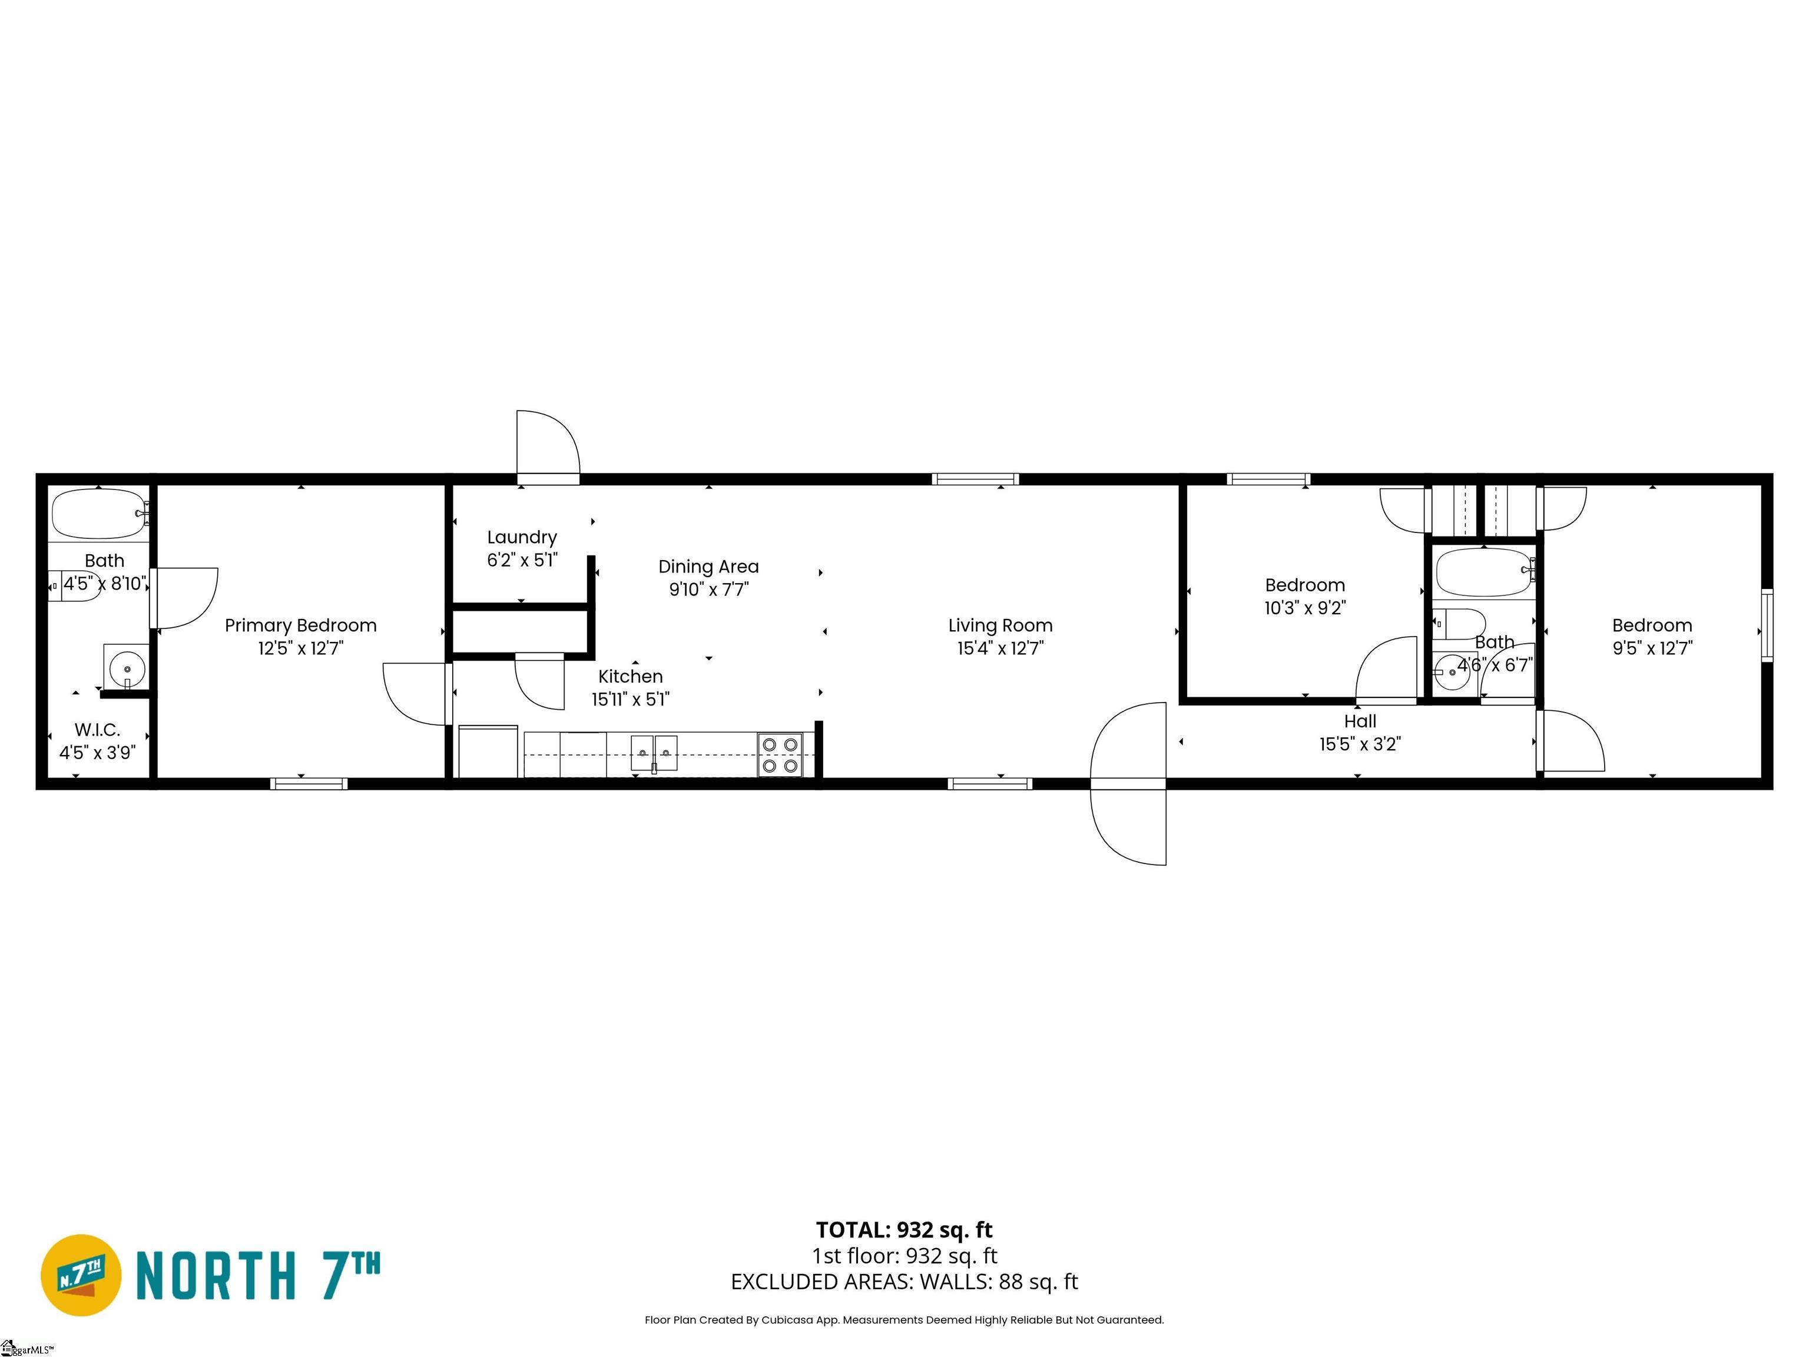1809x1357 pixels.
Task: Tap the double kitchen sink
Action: click(x=654, y=753)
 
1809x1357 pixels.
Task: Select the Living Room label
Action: click(x=1000, y=625)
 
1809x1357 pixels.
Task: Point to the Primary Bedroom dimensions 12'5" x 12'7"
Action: click(x=300, y=648)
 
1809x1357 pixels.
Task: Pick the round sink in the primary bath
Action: click(x=127, y=669)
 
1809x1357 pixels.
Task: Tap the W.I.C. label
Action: click(x=97, y=730)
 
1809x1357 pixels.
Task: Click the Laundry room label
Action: click(x=522, y=537)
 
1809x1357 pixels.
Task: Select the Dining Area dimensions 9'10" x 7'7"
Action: click(x=708, y=590)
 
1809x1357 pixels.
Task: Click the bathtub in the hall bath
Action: click(x=1483, y=572)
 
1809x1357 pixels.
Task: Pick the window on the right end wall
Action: click(x=1767, y=625)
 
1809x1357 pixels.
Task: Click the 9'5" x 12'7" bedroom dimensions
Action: click(x=1651, y=648)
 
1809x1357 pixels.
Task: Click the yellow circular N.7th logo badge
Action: click(x=81, y=1275)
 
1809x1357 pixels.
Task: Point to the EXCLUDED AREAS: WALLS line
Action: click(x=904, y=1282)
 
